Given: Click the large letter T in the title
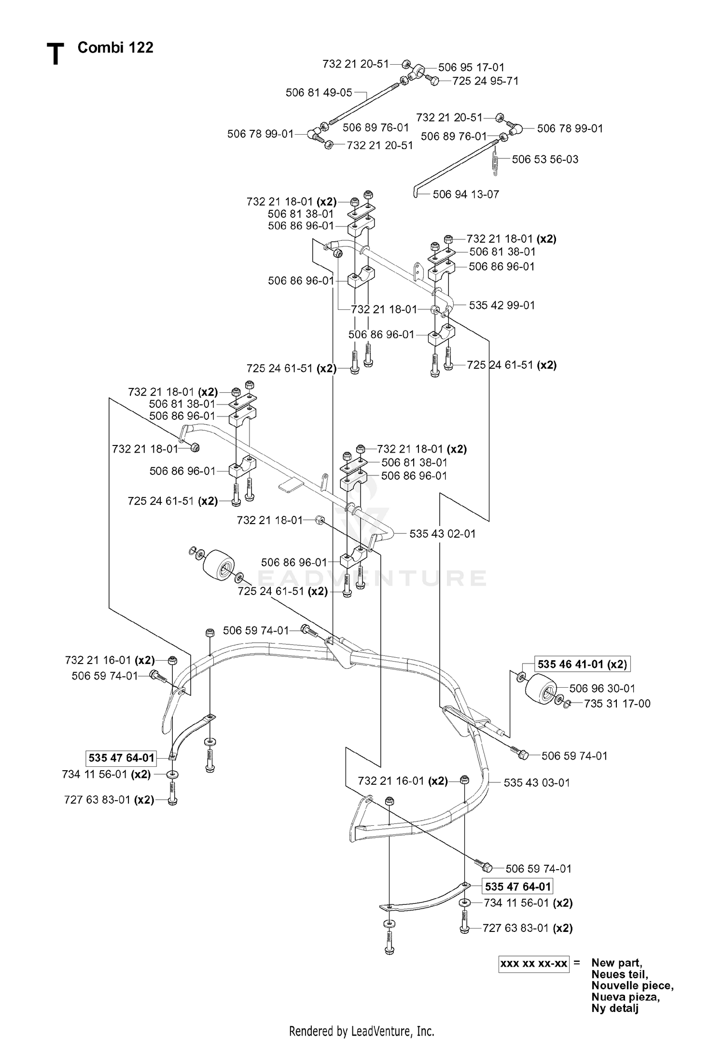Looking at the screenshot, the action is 56,54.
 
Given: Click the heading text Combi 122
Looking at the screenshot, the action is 115,47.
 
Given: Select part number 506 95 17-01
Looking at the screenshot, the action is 471,68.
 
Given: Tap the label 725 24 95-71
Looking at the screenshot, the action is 486,81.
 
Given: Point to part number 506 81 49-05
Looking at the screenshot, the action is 319,93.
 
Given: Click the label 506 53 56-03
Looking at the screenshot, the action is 545,159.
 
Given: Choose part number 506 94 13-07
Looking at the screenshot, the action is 466,194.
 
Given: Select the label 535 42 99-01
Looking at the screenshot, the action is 502,305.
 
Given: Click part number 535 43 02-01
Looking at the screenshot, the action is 443,534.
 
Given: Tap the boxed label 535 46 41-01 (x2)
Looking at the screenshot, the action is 582,665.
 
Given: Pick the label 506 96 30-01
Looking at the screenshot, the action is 602,688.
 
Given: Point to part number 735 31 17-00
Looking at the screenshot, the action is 617,704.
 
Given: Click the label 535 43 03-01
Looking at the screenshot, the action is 537,783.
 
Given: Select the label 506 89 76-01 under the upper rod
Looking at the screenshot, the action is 376,127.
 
